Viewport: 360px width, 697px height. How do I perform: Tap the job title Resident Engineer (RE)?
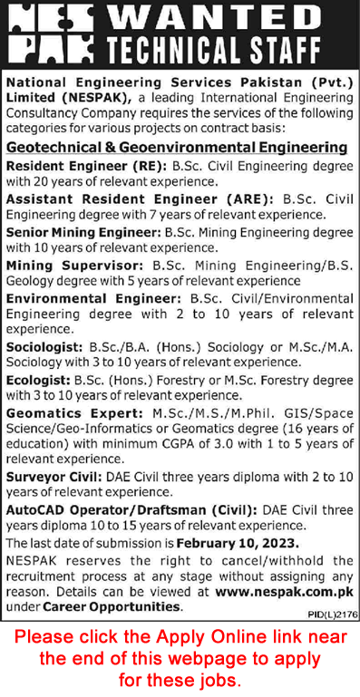pyautogui.click(x=70, y=167)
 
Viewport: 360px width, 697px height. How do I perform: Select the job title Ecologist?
pyautogui.click(x=41, y=381)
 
